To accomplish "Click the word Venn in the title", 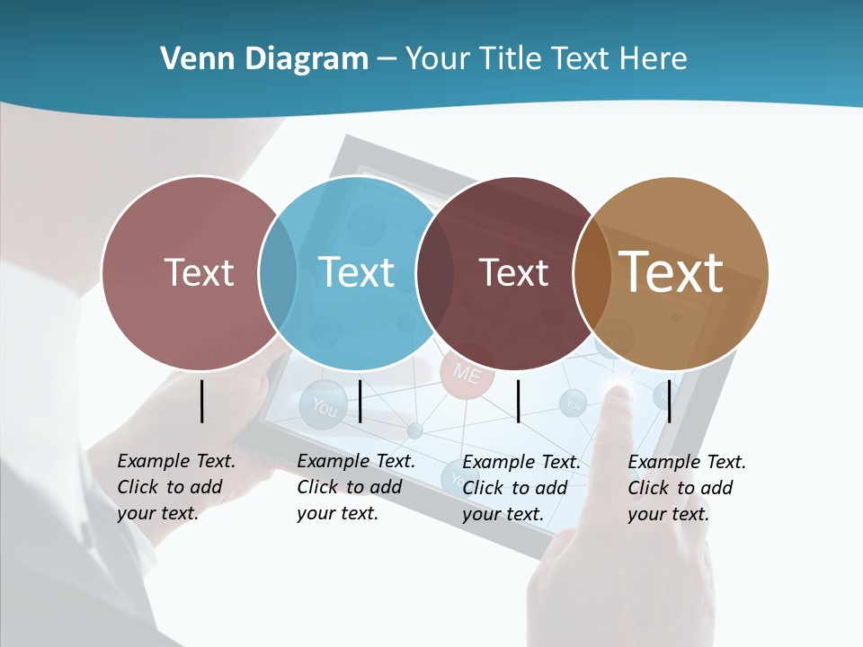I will tap(191, 59).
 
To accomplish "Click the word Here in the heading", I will tap(653, 59).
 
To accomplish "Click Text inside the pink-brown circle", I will tap(199, 272).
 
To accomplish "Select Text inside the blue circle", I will tap(356, 272).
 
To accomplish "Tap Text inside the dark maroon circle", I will tap(513, 272).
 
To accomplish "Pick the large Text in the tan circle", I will tap(672, 272).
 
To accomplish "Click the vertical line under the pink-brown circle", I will tap(201, 401).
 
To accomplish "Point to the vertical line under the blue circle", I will tap(360, 401).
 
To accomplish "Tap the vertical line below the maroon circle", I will tap(518, 401).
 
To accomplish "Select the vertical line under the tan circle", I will tap(669, 401).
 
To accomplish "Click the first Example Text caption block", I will tap(175, 487).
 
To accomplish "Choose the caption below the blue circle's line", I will tap(355, 487).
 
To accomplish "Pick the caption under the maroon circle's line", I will tap(520, 488).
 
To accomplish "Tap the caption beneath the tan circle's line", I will tap(686, 488).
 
